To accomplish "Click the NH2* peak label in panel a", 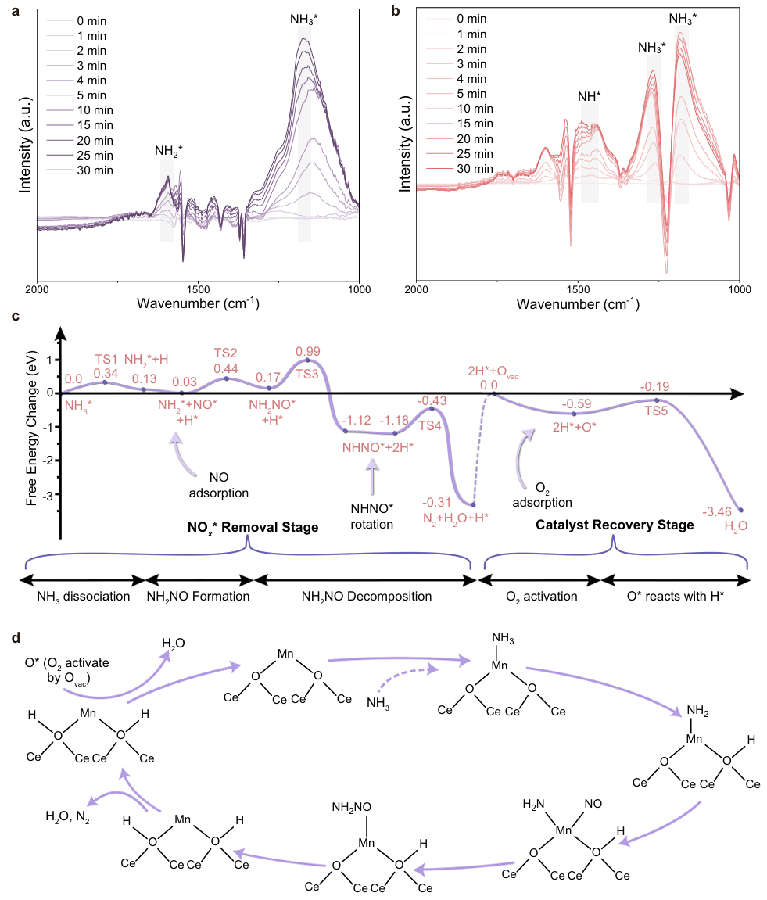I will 168,152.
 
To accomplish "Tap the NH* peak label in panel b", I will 590,97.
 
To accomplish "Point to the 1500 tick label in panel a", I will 197,287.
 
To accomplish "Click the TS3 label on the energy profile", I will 306,374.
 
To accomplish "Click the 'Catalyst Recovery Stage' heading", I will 615,525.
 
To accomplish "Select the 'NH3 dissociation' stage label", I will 84,597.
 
